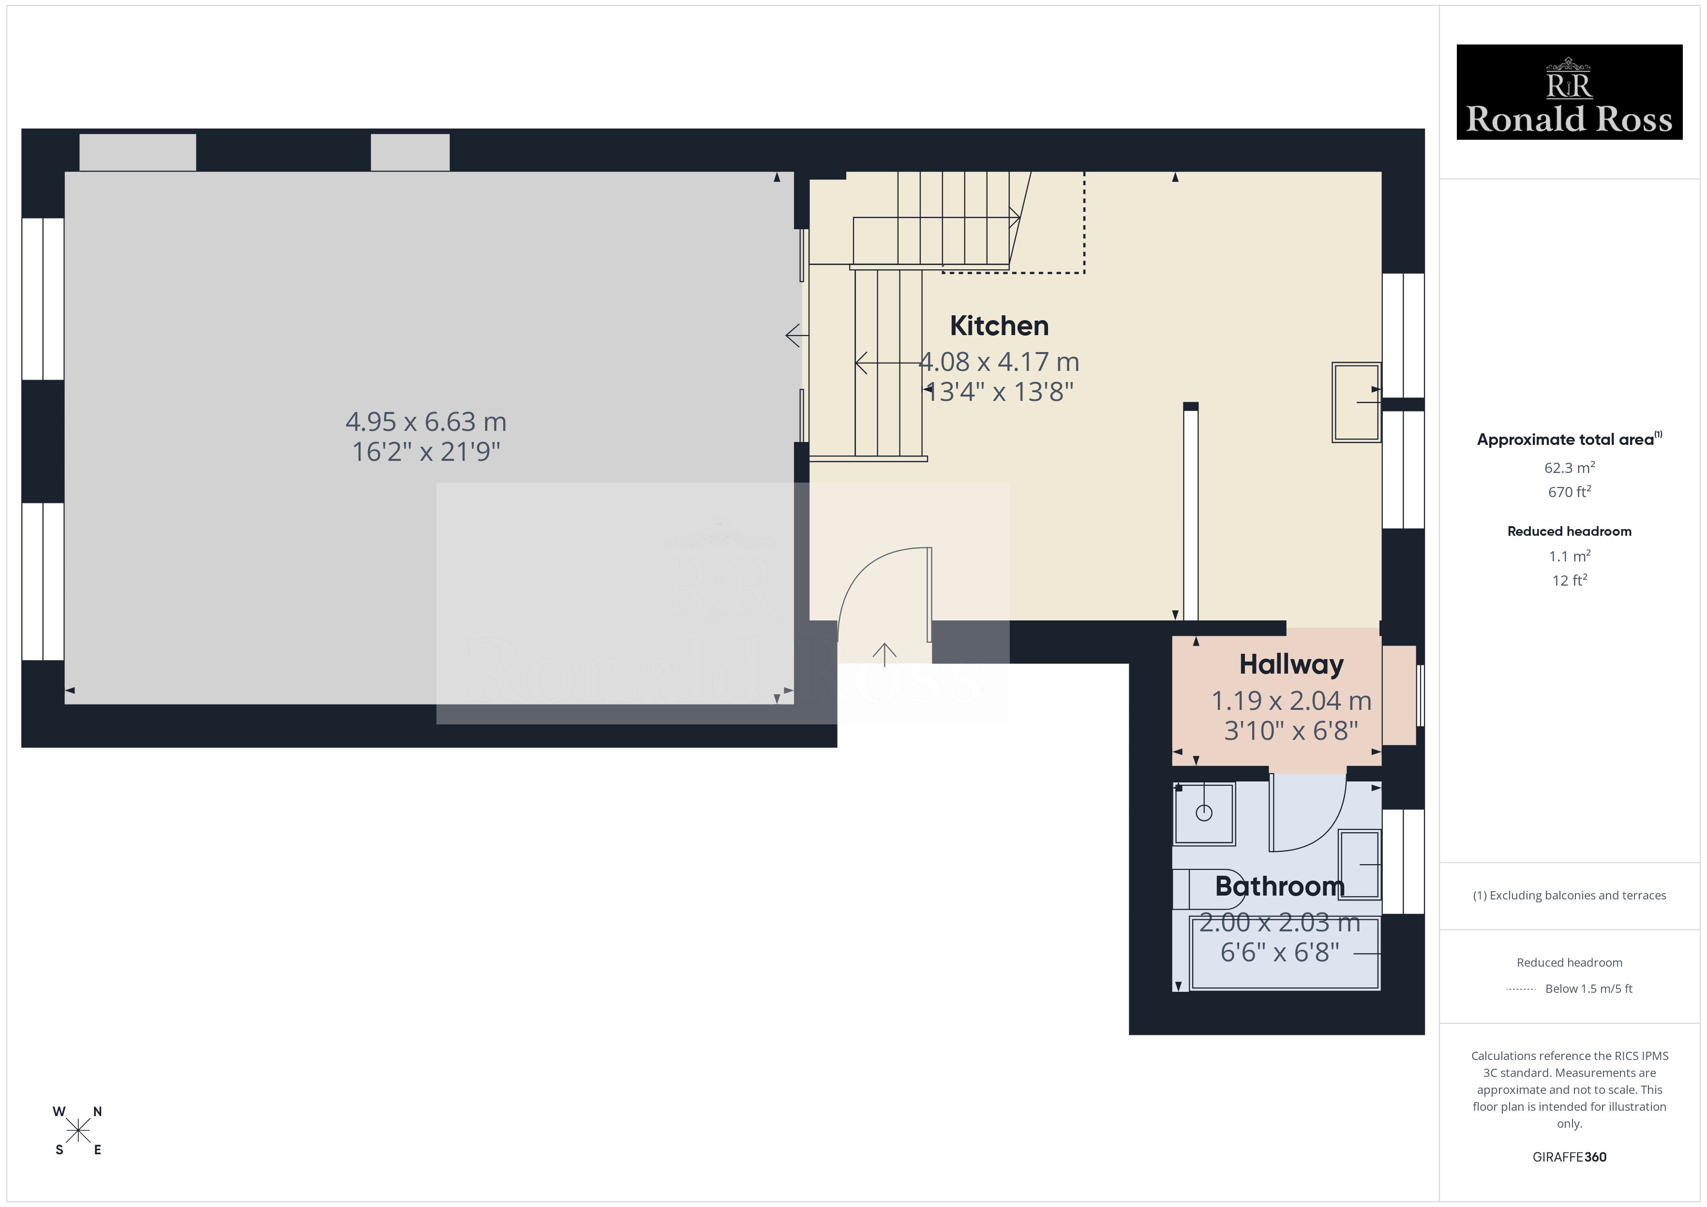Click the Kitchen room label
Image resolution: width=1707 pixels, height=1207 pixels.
pyautogui.click(x=999, y=325)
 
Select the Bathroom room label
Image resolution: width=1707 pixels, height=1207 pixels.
pyautogui.click(x=1279, y=886)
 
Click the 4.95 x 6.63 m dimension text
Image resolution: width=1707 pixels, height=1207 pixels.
pyautogui.click(x=426, y=421)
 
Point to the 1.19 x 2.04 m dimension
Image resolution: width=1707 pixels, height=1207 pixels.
pyautogui.click(x=1291, y=700)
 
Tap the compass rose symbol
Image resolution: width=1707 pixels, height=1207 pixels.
pyautogui.click(x=78, y=1131)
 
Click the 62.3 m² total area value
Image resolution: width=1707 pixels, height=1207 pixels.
pyautogui.click(x=1570, y=468)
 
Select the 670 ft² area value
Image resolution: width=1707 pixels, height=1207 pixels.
pyautogui.click(x=1570, y=491)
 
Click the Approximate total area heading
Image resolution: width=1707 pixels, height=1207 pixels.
pyautogui.click(x=1570, y=439)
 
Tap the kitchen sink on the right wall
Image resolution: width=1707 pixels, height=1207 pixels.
pyautogui.click(x=1357, y=402)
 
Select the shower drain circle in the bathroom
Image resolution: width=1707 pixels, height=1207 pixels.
pyautogui.click(x=1204, y=813)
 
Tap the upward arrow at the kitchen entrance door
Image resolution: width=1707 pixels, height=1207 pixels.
pyautogui.click(x=884, y=654)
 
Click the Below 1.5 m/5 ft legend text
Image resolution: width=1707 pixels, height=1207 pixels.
pyautogui.click(x=1589, y=988)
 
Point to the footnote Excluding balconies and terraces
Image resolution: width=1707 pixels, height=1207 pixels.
pyautogui.click(x=1570, y=896)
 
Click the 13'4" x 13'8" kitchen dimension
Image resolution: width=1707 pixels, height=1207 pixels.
pyautogui.click(x=999, y=392)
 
